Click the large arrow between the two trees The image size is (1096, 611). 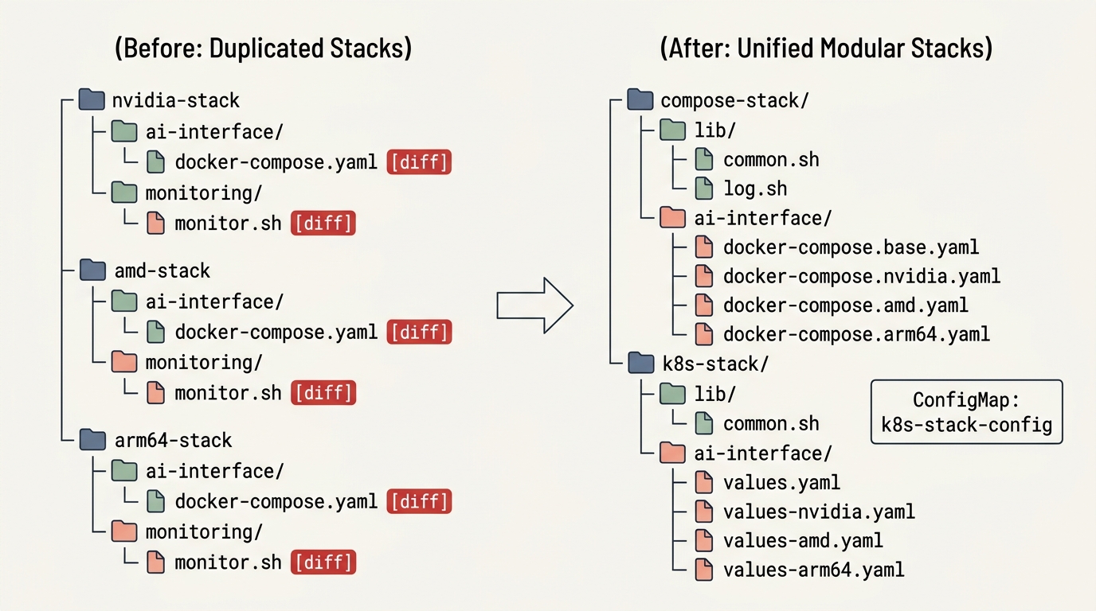[534, 305]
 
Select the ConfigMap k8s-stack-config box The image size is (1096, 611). [967, 411]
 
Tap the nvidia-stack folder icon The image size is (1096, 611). [92, 99]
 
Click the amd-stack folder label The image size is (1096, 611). [162, 270]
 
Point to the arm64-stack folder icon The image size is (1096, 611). [92, 439]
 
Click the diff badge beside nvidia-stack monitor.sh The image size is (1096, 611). [323, 224]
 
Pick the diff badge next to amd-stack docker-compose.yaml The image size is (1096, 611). [419, 333]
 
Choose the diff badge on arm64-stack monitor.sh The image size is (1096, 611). [323, 562]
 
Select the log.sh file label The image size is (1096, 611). [755, 189]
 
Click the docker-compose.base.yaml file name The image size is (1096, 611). [851, 247]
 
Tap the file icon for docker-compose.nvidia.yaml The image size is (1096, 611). [703, 276]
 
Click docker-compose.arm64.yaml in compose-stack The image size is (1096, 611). [856, 334]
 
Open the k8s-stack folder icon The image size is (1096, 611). [641, 363]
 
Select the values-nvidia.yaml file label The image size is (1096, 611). [819, 512]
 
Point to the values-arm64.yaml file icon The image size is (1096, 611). [703, 570]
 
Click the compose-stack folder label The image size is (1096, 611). [734, 101]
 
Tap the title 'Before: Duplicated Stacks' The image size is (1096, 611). [263, 48]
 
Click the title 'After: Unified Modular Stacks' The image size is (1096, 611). [826, 48]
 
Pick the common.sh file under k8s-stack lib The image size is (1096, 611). [771, 424]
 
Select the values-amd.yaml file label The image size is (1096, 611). [803, 541]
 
